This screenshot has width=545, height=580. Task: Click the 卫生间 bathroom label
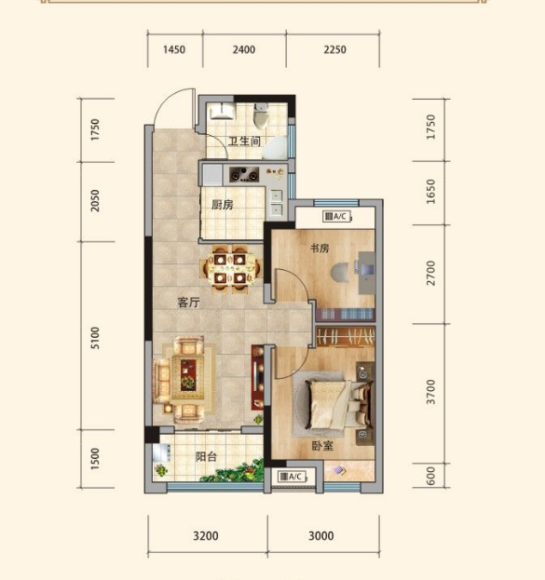coord(244,141)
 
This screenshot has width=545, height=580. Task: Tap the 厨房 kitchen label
coord(222,205)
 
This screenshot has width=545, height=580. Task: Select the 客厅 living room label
coord(188,303)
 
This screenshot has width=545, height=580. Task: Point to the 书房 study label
coord(320,248)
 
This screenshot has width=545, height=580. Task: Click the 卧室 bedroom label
coord(322,446)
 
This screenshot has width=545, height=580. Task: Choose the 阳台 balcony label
coord(206,457)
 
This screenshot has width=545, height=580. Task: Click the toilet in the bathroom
coord(262,115)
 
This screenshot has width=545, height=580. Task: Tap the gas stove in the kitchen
coord(244,175)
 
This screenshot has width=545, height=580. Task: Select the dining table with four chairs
coord(229,268)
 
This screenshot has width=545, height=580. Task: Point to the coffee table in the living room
coord(188,376)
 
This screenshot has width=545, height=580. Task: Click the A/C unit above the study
coord(336,216)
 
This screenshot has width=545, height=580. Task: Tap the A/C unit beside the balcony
coord(292,477)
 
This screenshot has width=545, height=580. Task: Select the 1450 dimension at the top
coord(174,49)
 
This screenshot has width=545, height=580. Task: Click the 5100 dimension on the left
coord(95,338)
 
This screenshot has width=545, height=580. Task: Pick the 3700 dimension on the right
coord(430,392)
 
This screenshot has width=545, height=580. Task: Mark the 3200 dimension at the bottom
coord(206,535)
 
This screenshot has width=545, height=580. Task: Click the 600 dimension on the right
coord(430,476)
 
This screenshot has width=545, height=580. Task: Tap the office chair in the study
coord(341,273)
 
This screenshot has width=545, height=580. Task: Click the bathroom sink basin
coord(222,111)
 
